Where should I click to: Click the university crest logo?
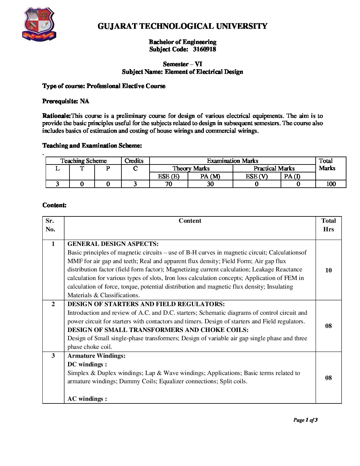point(39,24)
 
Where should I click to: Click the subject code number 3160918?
point(204,49)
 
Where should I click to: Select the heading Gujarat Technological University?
point(182,26)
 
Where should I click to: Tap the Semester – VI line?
point(182,64)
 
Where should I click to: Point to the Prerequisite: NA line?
point(66,101)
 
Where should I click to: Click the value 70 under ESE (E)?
point(168,184)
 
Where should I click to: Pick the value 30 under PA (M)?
point(210,184)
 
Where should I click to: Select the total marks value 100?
point(331,184)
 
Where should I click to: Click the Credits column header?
point(134,161)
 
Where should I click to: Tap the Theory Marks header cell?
point(191,168)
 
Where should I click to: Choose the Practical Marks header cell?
point(274,168)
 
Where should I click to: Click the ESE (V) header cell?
point(256,176)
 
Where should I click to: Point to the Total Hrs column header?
point(328,225)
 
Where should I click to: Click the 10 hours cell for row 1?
point(328,270)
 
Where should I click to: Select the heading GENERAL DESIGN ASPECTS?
point(113,244)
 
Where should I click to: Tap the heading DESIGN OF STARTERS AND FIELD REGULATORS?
point(146,304)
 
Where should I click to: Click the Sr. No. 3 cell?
point(53,356)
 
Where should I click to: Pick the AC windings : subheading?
point(87,399)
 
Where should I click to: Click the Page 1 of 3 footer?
point(305,420)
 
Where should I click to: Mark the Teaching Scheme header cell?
point(83,161)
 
